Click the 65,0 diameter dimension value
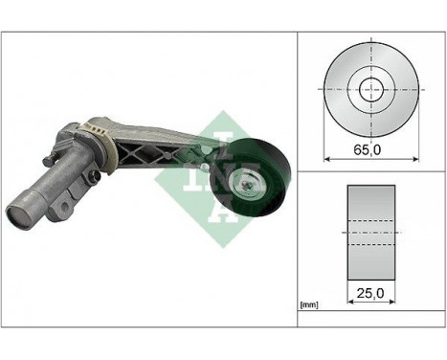(x=368, y=150)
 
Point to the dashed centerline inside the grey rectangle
(x=368, y=229)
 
